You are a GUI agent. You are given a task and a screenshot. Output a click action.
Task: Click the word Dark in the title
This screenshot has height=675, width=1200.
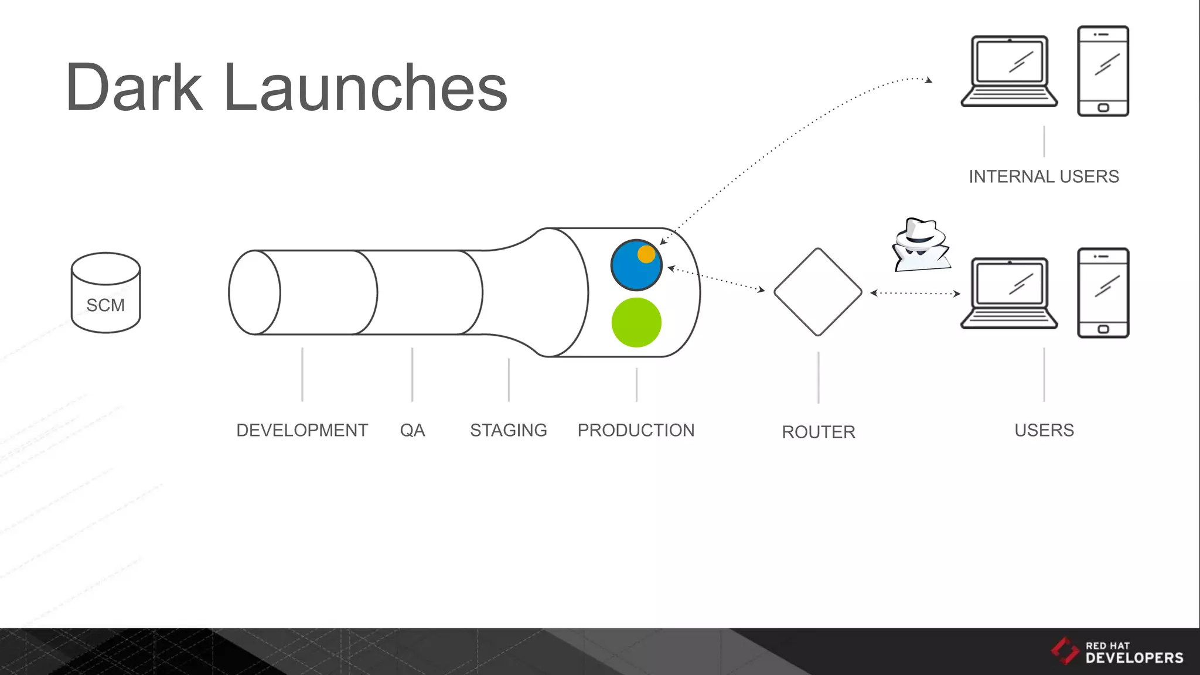point(134,88)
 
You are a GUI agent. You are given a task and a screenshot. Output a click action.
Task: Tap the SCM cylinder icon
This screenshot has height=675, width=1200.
point(105,293)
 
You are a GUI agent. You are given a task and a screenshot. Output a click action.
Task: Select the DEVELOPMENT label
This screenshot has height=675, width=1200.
point(302,430)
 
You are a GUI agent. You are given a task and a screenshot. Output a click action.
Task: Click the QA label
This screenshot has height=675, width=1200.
point(412,430)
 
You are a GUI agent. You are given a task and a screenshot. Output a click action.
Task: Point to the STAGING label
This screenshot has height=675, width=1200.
point(508,430)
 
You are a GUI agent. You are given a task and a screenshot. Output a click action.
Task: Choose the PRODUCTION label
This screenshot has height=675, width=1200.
point(636,430)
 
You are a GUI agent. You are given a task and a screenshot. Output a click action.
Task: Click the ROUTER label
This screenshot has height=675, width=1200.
point(818,432)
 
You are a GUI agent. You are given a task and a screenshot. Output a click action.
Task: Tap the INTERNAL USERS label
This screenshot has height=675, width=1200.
point(1044,176)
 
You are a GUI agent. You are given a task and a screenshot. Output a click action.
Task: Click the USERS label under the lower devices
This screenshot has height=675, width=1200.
point(1044,430)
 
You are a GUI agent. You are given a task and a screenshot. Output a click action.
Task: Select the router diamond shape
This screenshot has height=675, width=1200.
point(818,292)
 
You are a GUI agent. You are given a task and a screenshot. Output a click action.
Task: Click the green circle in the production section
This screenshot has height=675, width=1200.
point(636,322)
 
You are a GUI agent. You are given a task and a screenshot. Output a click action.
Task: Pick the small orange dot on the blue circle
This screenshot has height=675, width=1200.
point(646,254)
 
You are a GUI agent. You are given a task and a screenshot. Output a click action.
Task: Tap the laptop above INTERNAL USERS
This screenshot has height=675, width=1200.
point(1009,71)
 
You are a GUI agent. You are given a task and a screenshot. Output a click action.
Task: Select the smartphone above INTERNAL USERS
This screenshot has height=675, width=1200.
point(1103,71)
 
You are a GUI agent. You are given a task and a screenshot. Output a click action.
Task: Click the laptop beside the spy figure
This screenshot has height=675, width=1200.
point(1009,293)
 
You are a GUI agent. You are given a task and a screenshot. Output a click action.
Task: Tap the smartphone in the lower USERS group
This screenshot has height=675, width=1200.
point(1103,293)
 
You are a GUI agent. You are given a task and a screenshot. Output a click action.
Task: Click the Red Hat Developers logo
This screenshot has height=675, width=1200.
point(1117,652)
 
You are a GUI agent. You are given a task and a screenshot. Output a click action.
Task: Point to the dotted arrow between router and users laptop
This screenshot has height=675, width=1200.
point(915,293)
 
